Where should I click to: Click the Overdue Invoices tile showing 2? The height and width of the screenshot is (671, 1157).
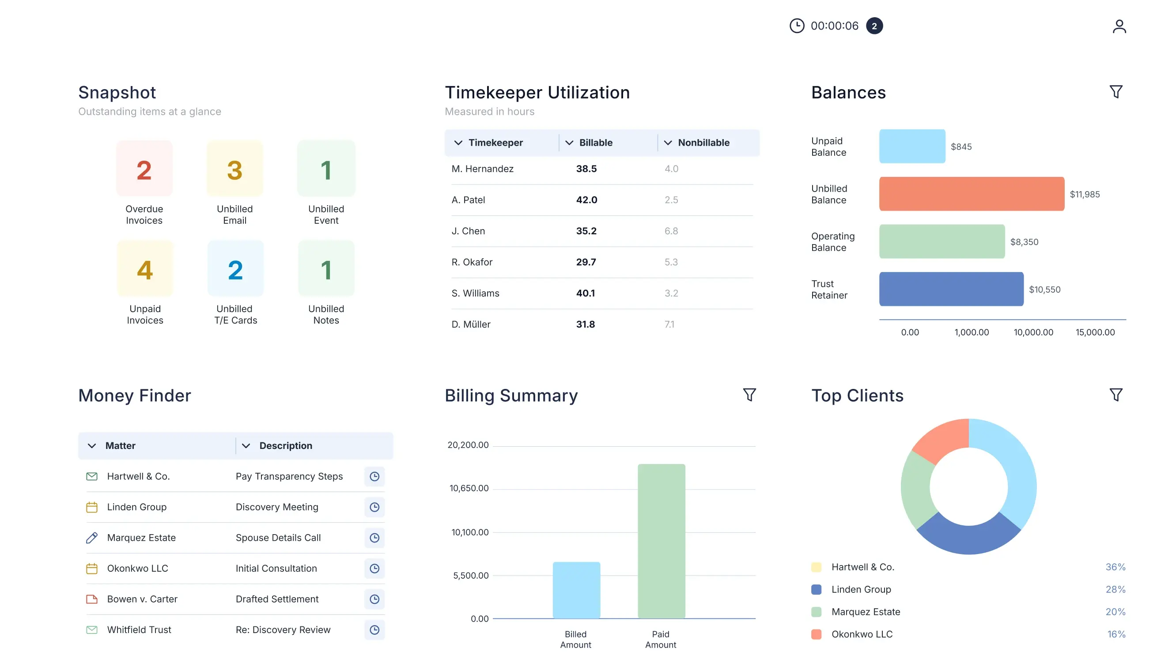click(144, 169)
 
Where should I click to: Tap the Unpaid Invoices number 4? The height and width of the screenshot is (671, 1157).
click(145, 270)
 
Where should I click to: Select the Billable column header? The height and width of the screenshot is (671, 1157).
click(595, 143)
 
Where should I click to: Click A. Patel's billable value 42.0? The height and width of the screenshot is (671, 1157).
click(586, 200)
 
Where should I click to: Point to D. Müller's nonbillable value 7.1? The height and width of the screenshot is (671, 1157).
click(669, 324)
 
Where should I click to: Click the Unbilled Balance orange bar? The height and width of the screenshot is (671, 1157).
click(971, 194)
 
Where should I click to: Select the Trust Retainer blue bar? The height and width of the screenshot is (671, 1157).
click(951, 289)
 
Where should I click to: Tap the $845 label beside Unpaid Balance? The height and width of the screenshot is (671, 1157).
click(960, 147)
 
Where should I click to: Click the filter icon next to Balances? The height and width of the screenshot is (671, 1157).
click(1115, 92)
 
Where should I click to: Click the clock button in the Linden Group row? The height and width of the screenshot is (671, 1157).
click(374, 507)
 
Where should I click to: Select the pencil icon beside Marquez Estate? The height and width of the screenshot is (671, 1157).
click(92, 538)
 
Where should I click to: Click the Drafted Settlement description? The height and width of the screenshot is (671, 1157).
click(277, 599)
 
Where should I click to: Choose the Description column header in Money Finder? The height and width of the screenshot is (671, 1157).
click(285, 446)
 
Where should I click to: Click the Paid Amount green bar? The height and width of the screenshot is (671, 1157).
click(661, 541)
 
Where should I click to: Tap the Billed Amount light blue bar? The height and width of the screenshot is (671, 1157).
click(576, 590)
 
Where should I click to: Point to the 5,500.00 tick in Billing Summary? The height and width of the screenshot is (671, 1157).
click(471, 576)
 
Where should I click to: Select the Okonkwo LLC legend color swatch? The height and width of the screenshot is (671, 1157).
click(816, 634)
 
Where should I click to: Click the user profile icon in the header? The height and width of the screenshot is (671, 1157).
click(1119, 26)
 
